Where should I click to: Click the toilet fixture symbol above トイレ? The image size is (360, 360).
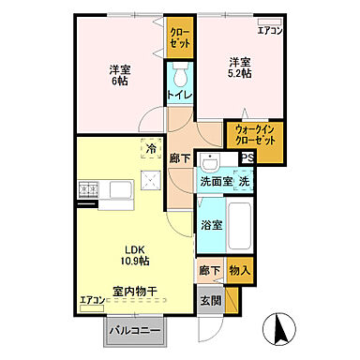click(181, 74)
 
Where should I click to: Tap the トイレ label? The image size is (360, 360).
click(180, 95)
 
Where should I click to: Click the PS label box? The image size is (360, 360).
click(247, 158)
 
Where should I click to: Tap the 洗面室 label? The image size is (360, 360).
click(215, 179)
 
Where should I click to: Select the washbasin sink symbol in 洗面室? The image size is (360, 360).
click(212, 159)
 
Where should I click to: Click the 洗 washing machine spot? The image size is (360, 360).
click(242, 179)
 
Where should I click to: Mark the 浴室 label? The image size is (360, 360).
click(210, 226)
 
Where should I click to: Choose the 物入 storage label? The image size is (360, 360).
click(240, 271)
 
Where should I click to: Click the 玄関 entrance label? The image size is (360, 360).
click(209, 300)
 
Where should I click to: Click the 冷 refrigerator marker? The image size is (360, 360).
click(150, 147)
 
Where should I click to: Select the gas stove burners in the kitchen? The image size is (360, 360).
click(88, 190)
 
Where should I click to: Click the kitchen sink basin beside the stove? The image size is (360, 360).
click(121, 190)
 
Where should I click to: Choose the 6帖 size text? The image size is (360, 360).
click(118, 82)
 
